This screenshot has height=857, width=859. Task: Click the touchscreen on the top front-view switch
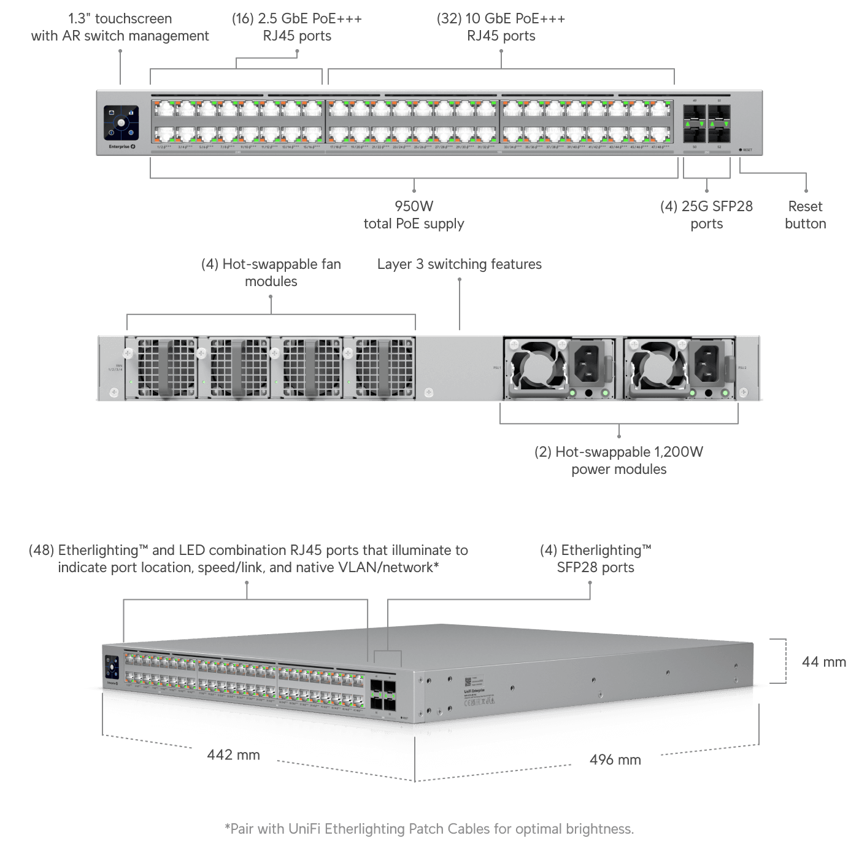tap(121, 123)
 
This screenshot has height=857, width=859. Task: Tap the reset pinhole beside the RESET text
tap(741, 150)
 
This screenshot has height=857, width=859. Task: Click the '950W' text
tap(414, 206)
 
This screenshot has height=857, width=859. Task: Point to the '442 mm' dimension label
tap(233, 755)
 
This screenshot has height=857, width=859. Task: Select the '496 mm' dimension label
tap(615, 760)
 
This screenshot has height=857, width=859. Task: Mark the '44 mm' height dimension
tap(823, 662)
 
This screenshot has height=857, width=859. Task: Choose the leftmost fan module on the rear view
tap(166, 368)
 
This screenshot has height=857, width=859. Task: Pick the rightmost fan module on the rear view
tap(384, 368)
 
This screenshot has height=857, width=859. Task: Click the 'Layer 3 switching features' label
tap(459, 264)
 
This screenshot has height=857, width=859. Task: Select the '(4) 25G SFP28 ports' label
tap(706, 215)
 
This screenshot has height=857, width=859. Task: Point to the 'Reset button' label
tap(805, 215)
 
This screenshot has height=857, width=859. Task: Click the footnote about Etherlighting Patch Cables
tap(429, 829)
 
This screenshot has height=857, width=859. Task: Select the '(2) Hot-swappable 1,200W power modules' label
tap(618, 460)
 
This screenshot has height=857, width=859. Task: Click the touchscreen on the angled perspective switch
tap(112, 667)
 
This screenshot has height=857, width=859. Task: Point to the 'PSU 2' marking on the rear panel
tap(742, 368)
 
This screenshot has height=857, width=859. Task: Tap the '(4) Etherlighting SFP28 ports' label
tap(595, 559)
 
